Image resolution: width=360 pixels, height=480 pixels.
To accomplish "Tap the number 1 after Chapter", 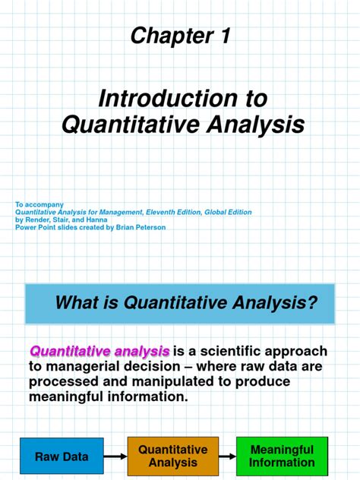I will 225,36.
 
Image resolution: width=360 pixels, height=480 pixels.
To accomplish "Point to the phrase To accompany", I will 39,204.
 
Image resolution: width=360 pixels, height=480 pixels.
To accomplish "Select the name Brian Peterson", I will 141,227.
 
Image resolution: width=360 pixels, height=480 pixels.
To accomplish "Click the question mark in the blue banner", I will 311,303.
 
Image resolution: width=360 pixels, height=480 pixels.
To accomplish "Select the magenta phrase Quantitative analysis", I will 99,352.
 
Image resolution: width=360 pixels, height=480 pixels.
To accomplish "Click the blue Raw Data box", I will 62,456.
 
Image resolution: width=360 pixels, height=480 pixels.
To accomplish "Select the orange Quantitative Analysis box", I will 172,456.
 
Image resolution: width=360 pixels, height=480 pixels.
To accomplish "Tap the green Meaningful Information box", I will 282,456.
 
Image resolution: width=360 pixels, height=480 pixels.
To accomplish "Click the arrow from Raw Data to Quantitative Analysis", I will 115,456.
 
